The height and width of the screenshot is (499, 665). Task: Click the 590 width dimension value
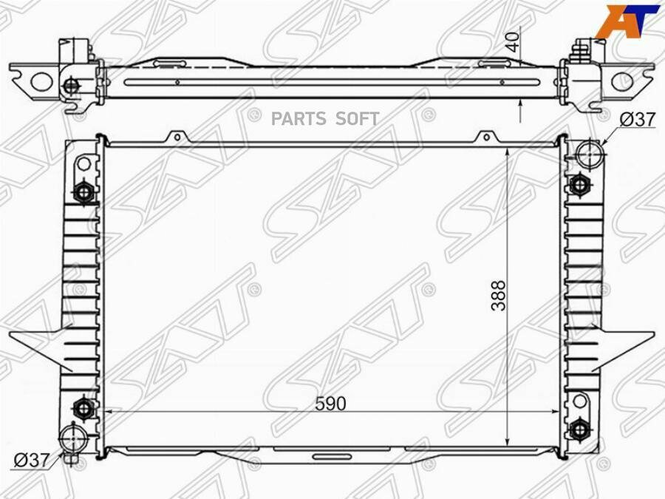[330, 404]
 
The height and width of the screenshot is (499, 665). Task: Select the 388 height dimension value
[499, 295]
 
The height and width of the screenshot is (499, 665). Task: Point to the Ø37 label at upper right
[638, 119]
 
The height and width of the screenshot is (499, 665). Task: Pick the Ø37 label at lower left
[32, 461]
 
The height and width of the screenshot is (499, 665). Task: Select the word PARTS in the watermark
[299, 119]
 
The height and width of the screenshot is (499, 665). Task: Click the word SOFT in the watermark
[357, 119]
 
